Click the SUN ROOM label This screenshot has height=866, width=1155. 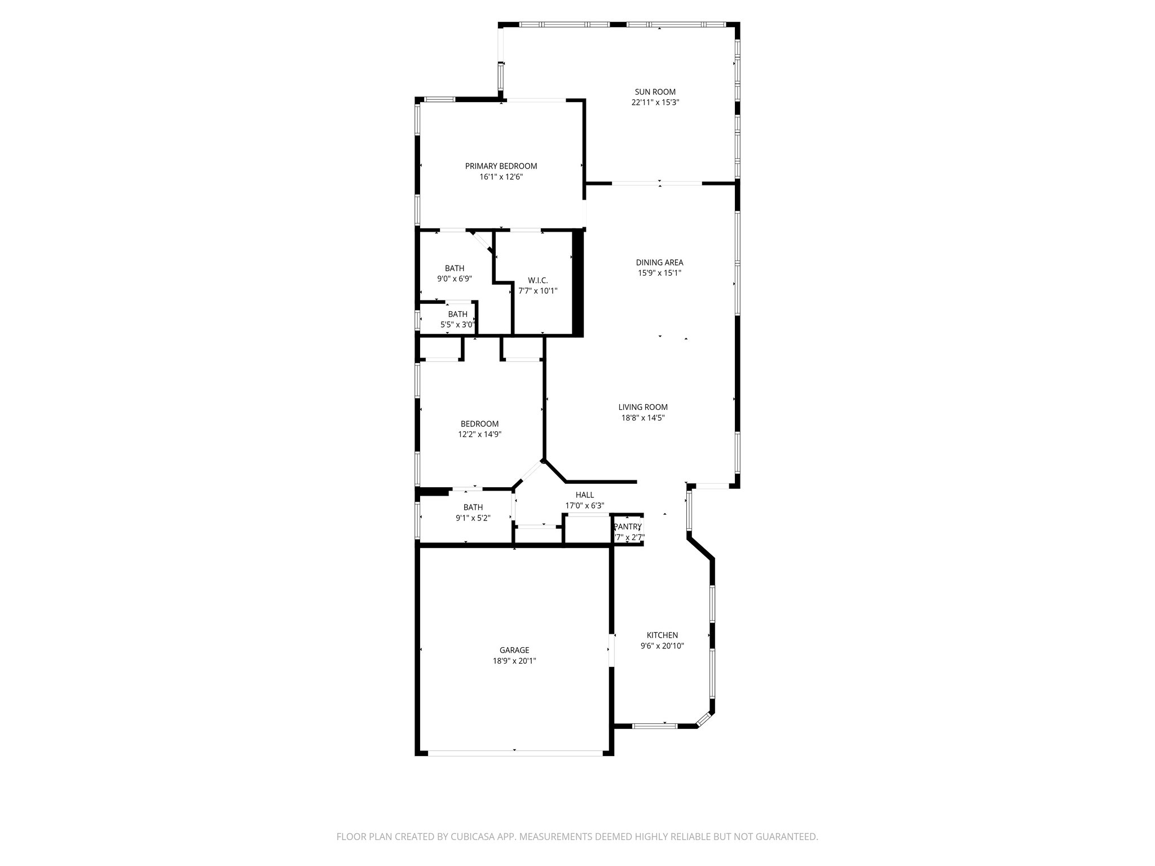tap(655, 92)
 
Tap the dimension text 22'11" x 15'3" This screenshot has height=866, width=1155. tap(655, 103)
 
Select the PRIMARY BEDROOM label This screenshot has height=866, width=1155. tap(501, 166)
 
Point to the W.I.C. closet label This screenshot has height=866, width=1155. tap(537, 280)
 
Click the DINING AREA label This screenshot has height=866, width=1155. tap(659, 262)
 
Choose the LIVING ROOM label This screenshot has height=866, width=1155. tap(643, 407)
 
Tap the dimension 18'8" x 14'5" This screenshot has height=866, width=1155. tap(643, 418)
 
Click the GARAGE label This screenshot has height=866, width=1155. tap(514, 650)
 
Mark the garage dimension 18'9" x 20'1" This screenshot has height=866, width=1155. tap(514, 661)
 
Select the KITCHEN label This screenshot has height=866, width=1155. tap(662, 635)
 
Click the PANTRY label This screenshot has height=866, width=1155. tap(628, 527)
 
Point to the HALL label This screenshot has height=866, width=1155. tap(584, 495)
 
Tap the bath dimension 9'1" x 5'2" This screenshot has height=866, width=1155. tap(473, 518)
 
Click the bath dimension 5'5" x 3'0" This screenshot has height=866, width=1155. tap(457, 325)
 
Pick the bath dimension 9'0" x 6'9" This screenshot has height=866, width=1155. tap(454, 279)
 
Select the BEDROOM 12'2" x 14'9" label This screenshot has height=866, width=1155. tap(479, 424)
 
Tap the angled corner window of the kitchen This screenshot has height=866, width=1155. tap(704, 720)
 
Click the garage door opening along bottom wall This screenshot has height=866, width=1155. tap(514, 752)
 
